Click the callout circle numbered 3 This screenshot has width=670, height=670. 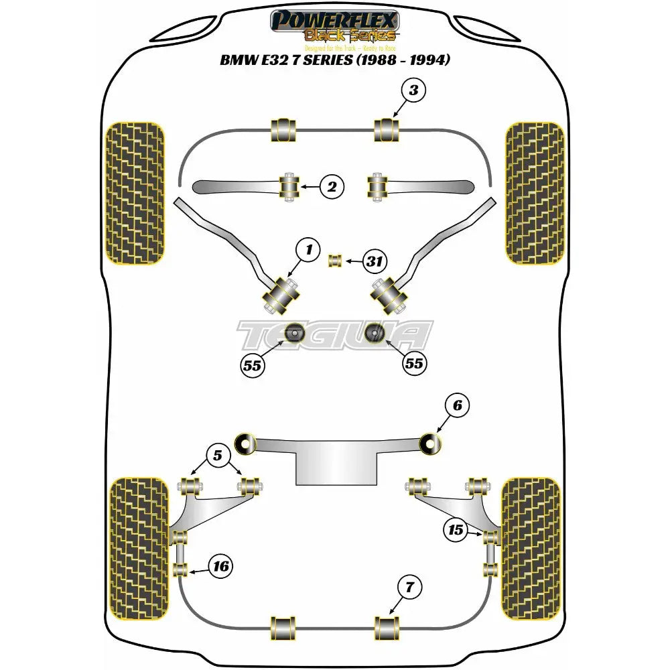413,90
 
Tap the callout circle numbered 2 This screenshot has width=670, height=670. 331,187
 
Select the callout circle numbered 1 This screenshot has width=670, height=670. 309,251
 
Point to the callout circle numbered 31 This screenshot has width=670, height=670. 373,261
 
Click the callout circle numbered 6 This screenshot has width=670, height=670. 457,405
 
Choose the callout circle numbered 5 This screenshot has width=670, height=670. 218,456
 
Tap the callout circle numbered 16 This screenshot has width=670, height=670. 220,567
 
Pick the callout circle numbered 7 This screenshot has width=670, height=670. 411,588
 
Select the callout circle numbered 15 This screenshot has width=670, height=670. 456,530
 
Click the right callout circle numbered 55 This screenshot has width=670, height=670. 414,362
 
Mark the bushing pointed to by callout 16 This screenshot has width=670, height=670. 179,570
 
